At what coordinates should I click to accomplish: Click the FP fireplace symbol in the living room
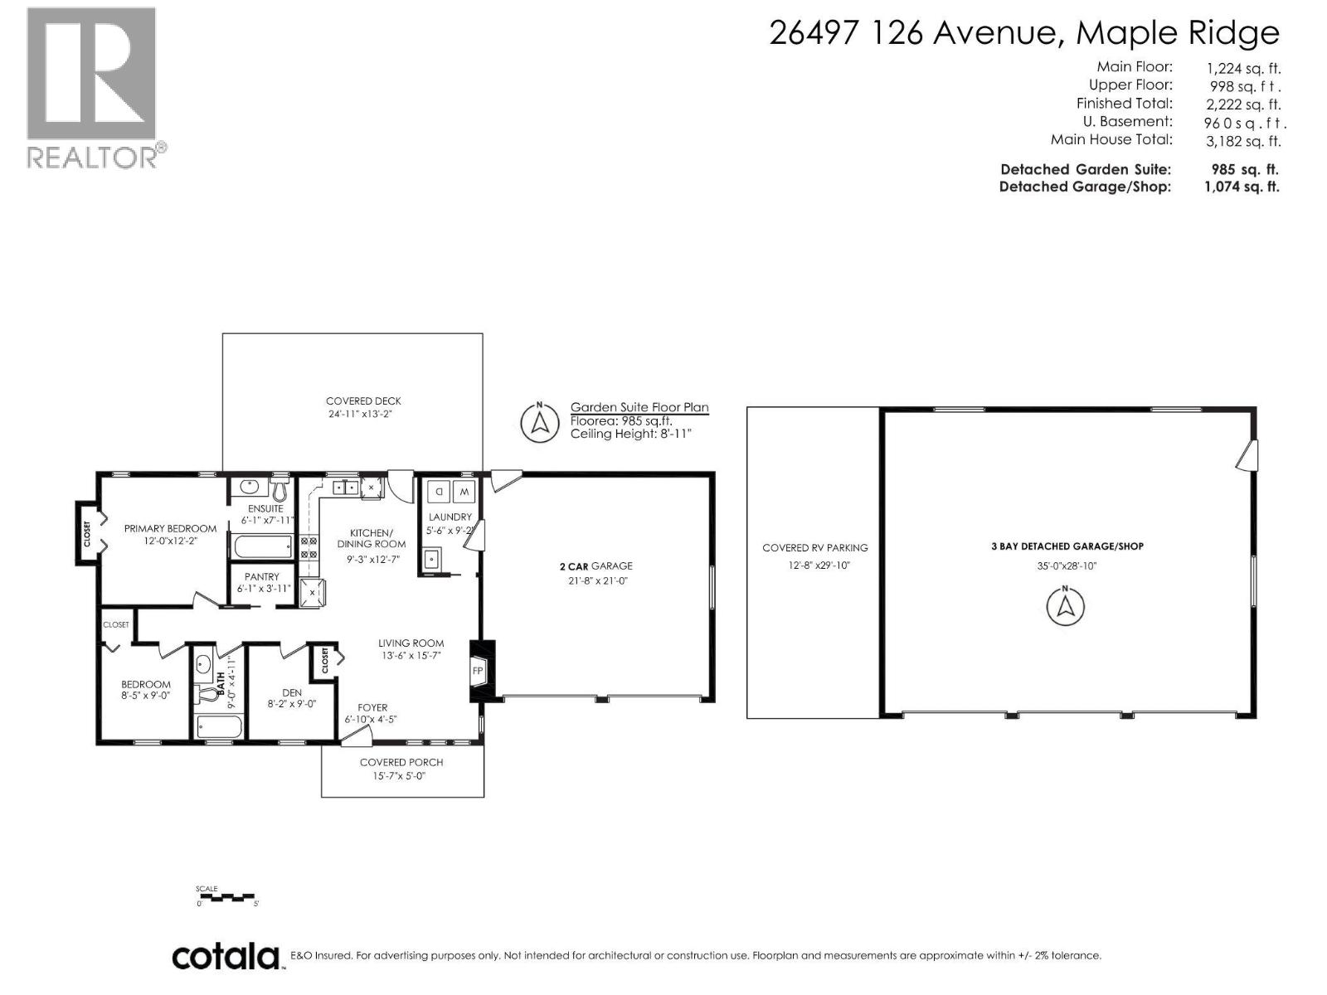click(479, 671)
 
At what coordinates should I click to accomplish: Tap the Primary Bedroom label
click(170, 528)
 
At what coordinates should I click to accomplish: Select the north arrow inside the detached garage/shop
click(1066, 605)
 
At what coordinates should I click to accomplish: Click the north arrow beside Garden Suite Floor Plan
click(540, 423)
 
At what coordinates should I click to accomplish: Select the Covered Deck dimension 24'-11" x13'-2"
click(363, 414)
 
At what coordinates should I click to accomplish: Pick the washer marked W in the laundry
click(464, 493)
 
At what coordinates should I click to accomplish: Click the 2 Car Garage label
click(595, 566)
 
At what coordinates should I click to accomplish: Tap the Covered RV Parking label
click(814, 548)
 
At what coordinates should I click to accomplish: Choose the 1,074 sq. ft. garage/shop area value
click(1241, 187)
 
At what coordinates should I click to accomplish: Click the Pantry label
click(261, 576)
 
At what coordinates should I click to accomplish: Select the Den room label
click(291, 692)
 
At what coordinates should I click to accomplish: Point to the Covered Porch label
click(401, 762)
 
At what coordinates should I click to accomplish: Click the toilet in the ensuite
click(279, 486)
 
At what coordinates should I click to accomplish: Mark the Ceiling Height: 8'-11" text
click(630, 434)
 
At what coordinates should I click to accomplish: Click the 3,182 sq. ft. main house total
click(1242, 141)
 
